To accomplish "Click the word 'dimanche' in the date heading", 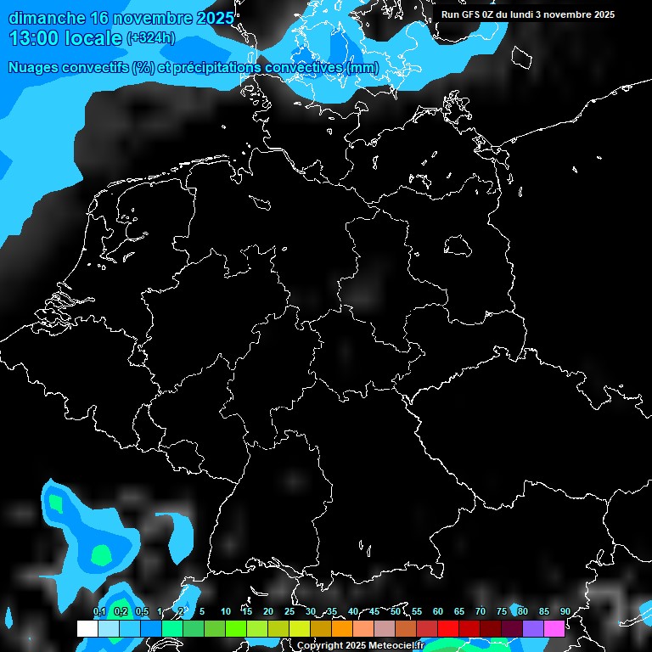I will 47,18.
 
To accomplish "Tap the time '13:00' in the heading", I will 35,38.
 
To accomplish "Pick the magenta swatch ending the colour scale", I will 554,629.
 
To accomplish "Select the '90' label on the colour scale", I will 565,611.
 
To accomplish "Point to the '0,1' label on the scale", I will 99,611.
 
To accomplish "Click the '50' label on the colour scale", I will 396,611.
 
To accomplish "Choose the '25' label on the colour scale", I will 289,611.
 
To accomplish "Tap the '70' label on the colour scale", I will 481,611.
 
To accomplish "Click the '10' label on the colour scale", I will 226,611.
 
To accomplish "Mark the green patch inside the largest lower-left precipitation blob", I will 101,556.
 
